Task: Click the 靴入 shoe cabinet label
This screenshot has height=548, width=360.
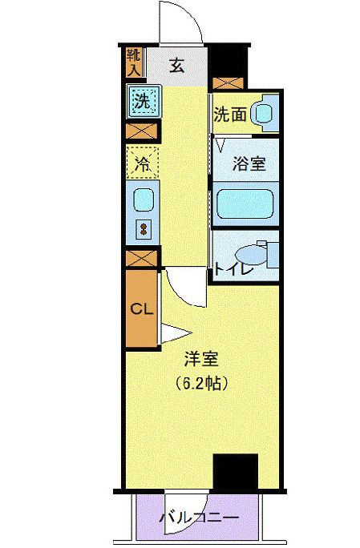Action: click(x=133, y=62)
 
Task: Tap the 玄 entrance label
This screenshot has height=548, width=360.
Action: click(x=176, y=66)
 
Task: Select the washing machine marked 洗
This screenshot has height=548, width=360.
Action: click(x=141, y=103)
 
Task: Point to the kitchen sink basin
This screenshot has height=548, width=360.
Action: click(x=143, y=198)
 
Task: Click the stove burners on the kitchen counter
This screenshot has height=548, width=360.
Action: click(x=144, y=228)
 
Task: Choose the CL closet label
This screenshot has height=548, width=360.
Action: click(x=141, y=308)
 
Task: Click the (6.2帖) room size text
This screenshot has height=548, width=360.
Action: click(x=202, y=383)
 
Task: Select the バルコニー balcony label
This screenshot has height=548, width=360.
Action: click(x=199, y=518)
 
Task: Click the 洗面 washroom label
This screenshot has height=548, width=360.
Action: click(x=229, y=115)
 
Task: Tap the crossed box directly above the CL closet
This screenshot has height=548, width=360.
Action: click(x=141, y=259)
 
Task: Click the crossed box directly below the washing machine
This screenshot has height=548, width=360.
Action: click(x=141, y=131)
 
